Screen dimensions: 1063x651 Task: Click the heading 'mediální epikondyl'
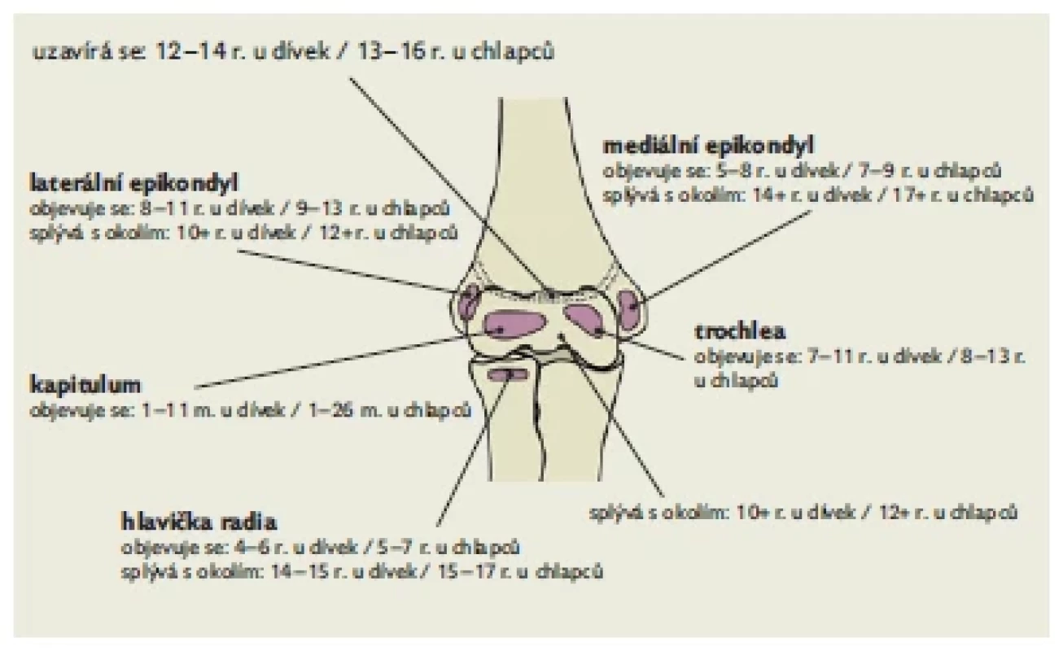[x=708, y=146]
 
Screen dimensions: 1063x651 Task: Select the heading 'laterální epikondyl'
[x=133, y=183]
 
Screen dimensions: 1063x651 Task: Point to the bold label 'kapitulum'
[x=85, y=385]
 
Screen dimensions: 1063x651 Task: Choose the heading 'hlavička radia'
[x=199, y=522]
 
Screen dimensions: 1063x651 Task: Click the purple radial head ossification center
[x=508, y=375]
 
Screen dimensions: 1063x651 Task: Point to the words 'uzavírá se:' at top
[x=88, y=52]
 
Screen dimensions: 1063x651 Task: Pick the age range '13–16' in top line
[x=392, y=52]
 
